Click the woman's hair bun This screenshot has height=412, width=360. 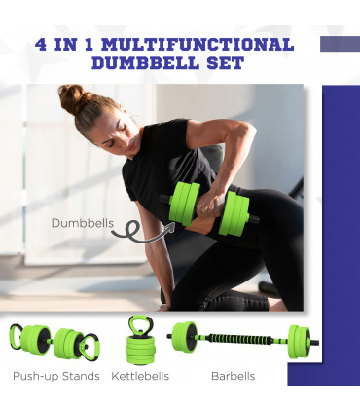71,97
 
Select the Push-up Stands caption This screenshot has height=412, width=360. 56,376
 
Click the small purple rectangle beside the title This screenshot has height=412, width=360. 340,44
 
